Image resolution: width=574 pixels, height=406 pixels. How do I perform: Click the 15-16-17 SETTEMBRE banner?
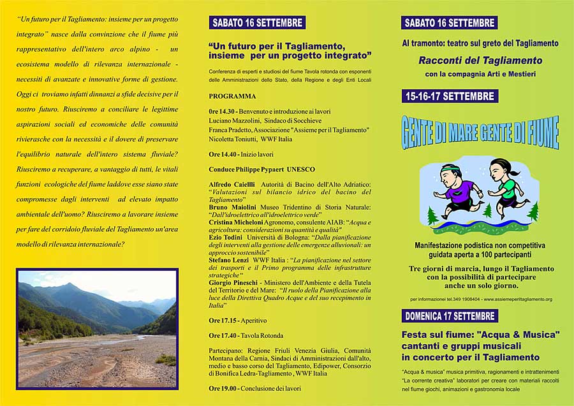coord(450,96)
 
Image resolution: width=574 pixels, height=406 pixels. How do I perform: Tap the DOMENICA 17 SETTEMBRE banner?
coord(450,315)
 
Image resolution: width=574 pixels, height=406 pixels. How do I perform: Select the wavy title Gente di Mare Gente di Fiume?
coord(480,133)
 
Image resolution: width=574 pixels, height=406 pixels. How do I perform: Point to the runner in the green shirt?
coord(508,184)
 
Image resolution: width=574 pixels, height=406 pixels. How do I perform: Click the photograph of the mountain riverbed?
coord(97,328)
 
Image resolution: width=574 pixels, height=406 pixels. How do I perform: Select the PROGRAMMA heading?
coord(232,96)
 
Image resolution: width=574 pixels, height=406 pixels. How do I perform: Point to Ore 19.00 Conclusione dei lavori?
coord(254,388)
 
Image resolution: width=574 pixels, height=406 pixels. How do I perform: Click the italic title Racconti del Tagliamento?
coord(480,61)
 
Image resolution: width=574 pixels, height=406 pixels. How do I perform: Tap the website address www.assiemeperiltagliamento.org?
coord(515,299)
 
